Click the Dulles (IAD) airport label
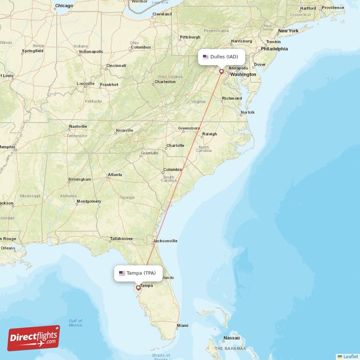point(222,57)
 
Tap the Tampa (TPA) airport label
point(138,273)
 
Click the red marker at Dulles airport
point(221,71)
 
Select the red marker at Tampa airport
point(138,287)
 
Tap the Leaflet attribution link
point(350,356)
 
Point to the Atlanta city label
point(115,175)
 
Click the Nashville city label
point(77,127)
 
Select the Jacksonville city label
point(165,241)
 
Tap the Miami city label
point(182,325)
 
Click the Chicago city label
point(63,6)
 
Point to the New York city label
point(288,31)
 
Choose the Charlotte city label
point(175,145)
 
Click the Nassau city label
point(231,337)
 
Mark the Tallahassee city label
point(121,239)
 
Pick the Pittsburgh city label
point(189,37)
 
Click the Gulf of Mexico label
point(75,323)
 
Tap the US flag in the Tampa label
point(122,273)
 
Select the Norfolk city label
point(247,112)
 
